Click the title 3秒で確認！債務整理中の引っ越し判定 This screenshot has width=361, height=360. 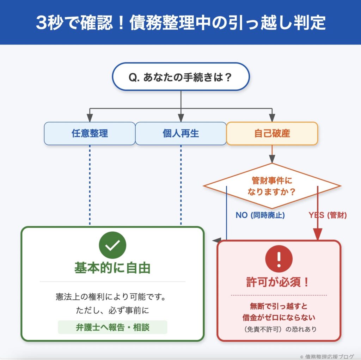coord(180,23)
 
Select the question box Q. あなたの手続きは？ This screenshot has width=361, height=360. coord(180,77)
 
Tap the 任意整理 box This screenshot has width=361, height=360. coord(90,133)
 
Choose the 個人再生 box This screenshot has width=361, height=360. coord(181,133)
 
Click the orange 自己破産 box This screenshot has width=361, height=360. coord(272,133)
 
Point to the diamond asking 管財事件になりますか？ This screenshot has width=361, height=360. coord(272,186)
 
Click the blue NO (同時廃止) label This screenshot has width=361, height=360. coord(260,215)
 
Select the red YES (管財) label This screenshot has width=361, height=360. coord(328,215)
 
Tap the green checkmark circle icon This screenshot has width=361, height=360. coord(112,245)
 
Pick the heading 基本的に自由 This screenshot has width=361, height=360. coord(112,268)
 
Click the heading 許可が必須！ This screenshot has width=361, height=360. coord(279,282)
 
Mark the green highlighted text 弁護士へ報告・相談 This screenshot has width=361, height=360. coord(112,327)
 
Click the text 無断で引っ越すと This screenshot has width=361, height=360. coord(279,306)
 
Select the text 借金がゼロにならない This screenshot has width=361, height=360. coord(279,317)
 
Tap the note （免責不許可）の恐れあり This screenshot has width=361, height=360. coord(279,329)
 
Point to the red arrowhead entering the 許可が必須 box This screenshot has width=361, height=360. coord(318,234)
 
